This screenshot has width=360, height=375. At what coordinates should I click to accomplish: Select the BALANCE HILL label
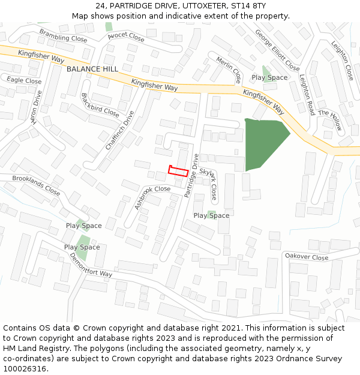[92, 69]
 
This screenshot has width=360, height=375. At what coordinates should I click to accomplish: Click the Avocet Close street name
[126, 37]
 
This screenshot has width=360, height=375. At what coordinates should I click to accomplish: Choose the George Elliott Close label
[277, 50]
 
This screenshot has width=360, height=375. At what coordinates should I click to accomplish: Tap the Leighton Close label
[342, 60]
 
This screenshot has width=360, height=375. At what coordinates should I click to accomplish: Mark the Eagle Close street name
[24, 80]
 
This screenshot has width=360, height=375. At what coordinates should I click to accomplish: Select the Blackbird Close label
[100, 104]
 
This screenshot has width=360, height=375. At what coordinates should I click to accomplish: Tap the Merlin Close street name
[229, 70]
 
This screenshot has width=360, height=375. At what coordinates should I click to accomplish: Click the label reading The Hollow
[330, 120]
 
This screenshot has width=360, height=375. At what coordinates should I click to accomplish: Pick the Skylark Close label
[208, 183]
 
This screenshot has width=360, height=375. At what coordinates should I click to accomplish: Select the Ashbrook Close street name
[152, 196]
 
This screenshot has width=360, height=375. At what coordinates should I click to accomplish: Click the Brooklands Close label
[36, 185]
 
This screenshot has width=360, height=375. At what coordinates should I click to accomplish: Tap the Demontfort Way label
[91, 265]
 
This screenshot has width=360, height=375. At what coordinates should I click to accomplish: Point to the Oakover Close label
[307, 257]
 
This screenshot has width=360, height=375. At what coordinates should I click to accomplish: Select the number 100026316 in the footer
[25, 368]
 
